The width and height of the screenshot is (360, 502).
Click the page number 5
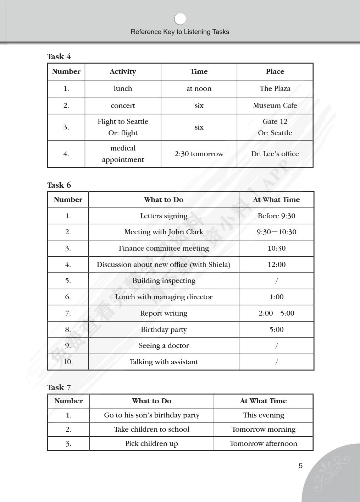click(x=300, y=466)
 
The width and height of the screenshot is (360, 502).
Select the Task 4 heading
click(x=59, y=57)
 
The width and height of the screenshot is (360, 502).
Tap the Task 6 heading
click(x=59, y=185)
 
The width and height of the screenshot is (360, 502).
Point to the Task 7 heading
click(x=59, y=387)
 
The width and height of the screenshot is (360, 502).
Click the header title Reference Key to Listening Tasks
click(x=180, y=32)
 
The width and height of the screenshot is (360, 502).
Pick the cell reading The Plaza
click(x=275, y=88)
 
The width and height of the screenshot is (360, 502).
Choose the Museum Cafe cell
click(x=275, y=105)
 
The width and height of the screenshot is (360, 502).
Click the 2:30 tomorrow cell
click(x=199, y=154)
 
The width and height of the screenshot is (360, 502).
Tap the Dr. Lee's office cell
click(x=275, y=154)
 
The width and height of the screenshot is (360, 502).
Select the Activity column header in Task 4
click(x=123, y=72)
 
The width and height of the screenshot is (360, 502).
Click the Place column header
click(x=275, y=72)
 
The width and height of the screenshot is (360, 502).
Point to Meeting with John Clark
click(x=164, y=232)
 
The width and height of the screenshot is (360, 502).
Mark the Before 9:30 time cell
click(x=276, y=216)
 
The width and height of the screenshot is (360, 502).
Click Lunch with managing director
click(x=164, y=297)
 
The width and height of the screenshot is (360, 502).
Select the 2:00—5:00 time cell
click(x=276, y=313)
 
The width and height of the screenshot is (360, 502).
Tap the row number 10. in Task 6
click(x=68, y=362)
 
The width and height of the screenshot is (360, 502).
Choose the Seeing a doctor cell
click(x=164, y=345)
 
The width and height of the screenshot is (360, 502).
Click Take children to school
click(x=151, y=429)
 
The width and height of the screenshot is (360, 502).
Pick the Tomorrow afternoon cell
click(x=263, y=443)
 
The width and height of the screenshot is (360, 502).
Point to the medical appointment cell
click(x=123, y=154)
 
